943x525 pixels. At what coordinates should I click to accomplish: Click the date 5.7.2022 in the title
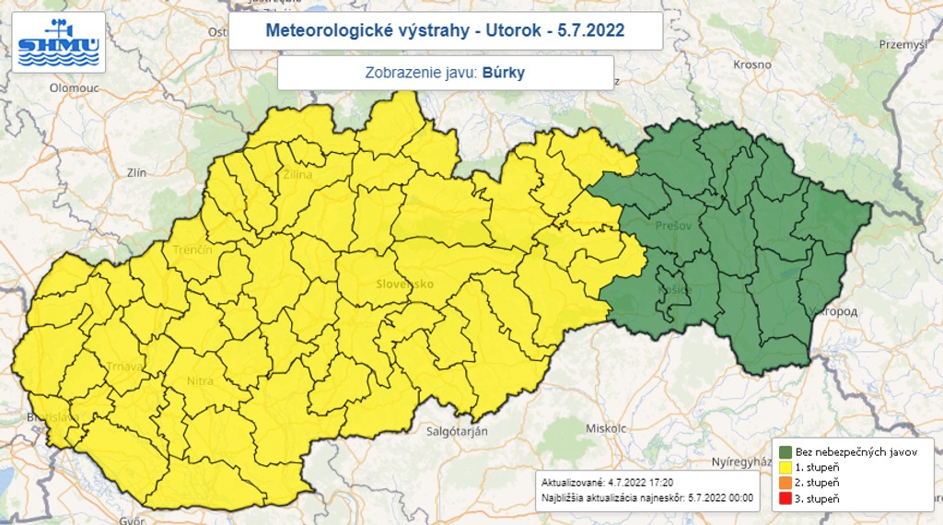pos(591,30)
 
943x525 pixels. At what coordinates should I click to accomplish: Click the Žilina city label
pos(297,174)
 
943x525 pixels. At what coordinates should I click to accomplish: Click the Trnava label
pos(123,367)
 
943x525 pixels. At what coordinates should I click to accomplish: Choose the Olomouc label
pos(74,87)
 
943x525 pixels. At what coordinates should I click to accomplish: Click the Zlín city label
pos(137,172)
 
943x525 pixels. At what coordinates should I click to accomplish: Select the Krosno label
pos(752,64)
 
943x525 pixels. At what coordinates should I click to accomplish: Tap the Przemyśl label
pos(902,43)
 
